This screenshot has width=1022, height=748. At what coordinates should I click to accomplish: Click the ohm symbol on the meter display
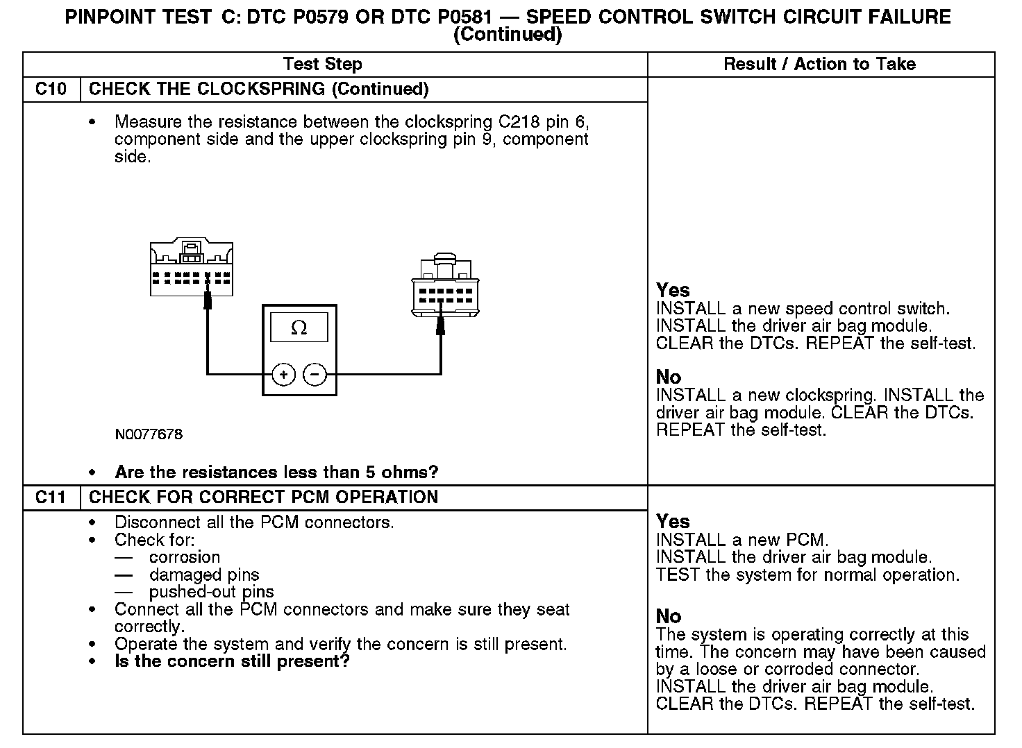pos(299,328)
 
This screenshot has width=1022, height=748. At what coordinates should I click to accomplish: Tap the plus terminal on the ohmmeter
pos(283,375)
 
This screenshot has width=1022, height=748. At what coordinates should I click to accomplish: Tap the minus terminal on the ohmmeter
pos(315,375)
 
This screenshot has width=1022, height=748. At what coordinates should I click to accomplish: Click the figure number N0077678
pos(149,435)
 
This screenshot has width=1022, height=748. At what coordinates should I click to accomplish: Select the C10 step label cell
pos(51,90)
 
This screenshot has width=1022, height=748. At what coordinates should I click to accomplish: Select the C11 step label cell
pos(51,498)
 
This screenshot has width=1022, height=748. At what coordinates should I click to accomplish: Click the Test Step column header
pos(322,65)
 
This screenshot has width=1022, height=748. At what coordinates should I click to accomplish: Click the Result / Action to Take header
pos(819,65)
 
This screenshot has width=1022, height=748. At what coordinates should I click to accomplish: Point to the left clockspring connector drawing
pos(192,269)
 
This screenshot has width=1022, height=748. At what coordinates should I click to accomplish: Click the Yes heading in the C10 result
pos(673,290)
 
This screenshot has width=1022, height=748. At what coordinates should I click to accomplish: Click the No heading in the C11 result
pos(669,616)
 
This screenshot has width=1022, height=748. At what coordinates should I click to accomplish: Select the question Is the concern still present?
pos(232,661)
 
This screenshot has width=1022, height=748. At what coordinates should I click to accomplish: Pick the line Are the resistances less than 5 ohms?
pos(276,473)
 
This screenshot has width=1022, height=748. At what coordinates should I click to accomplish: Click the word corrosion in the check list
pos(185,557)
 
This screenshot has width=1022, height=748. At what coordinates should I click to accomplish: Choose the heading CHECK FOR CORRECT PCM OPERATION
pos(264,498)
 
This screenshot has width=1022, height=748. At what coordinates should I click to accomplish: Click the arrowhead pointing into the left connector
pos(207,300)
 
